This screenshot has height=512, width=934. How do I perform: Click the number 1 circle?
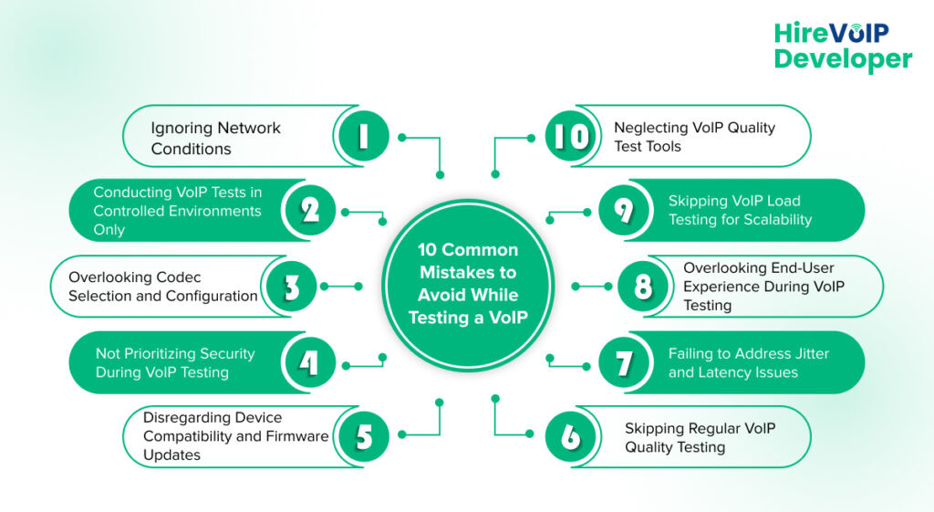[362, 136]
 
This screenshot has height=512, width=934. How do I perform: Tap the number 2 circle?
[310, 211]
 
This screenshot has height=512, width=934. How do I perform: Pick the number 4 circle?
[310, 362]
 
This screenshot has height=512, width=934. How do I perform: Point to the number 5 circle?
[362, 437]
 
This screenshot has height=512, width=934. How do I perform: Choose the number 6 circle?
[571, 437]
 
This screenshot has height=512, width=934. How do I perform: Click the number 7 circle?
[624, 362]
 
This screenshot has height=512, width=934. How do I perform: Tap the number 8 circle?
[642, 287]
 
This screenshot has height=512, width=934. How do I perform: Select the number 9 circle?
[624, 211]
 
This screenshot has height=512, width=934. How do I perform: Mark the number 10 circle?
[571, 136]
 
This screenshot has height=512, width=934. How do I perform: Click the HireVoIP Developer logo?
[842, 47]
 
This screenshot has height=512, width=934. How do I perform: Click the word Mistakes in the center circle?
[468, 272]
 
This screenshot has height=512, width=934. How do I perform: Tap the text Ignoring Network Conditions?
[215, 138]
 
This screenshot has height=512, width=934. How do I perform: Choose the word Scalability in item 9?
[773, 220]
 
